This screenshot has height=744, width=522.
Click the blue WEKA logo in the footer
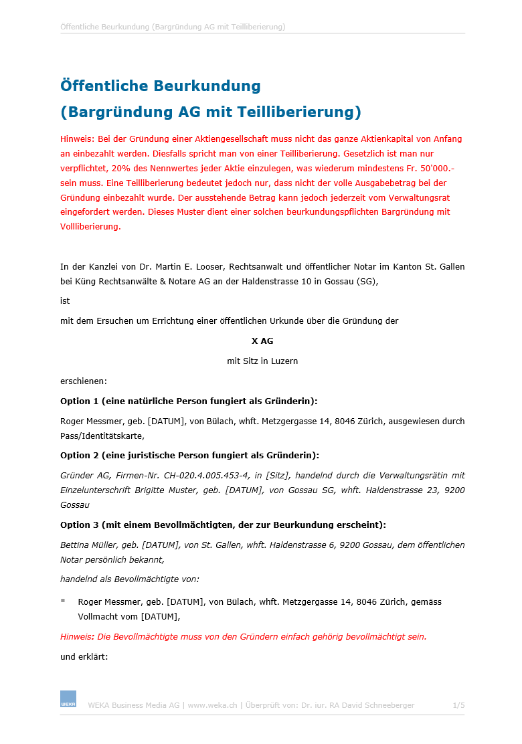(x=68, y=699)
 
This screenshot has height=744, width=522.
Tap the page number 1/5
(x=458, y=705)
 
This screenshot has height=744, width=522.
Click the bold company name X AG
(x=262, y=341)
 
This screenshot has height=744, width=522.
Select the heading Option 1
(x=189, y=401)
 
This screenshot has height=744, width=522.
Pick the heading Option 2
(x=189, y=456)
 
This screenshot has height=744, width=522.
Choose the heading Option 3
(x=223, y=525)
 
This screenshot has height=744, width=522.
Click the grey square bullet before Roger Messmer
(x=63, y=601)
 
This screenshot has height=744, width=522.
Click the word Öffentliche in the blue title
(x=103, y=86)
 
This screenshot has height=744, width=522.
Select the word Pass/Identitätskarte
(x=102, y=436)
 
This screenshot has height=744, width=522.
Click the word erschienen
(x=82, y=381)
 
